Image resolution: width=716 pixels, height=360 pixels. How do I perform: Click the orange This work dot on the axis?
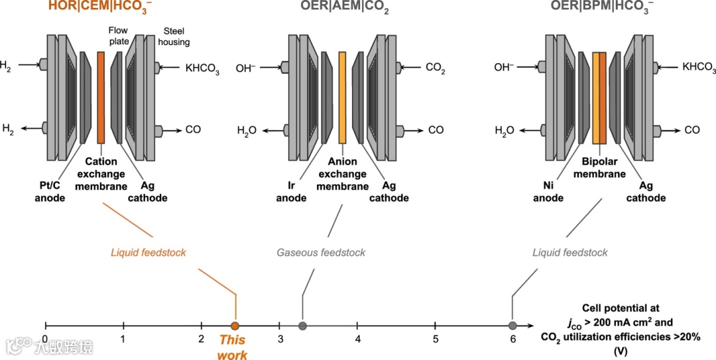(235, 326)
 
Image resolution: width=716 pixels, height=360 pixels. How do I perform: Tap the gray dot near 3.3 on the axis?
(302, 326)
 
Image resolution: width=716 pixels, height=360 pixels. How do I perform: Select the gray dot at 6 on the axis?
(512, 326)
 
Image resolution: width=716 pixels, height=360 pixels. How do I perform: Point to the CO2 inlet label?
(434, 67)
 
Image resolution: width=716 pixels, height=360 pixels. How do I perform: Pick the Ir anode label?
(291, 192)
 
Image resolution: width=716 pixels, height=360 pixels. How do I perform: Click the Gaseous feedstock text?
(321, 253)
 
